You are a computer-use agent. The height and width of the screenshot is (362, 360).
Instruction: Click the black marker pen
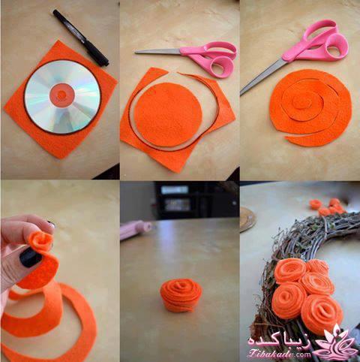point(80,38)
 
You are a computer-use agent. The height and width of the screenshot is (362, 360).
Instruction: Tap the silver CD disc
point(62,97)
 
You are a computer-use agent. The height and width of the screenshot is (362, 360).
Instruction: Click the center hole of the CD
point(62,95)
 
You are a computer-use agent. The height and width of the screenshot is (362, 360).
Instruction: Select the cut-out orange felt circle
point(168,114)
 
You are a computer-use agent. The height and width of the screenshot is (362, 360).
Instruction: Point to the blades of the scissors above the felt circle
point(158,52)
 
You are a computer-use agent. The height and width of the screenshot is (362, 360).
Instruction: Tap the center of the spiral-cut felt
point(303,102)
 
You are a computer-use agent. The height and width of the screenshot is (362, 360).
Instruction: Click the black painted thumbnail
point(30,257)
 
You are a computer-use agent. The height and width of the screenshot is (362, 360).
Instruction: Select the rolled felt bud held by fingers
point(40,241)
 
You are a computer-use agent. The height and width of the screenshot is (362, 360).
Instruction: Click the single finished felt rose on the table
point(181,295)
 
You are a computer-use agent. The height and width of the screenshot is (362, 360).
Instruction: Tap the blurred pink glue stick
point(136,230)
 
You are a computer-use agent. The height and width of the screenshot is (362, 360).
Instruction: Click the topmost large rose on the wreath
point(290,270)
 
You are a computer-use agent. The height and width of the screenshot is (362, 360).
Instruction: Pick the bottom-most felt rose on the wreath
point(322,314)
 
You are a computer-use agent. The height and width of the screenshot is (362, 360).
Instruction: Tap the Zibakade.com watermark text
point(280,354)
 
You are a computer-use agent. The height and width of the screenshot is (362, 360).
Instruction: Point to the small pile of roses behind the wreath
point(328,207)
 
